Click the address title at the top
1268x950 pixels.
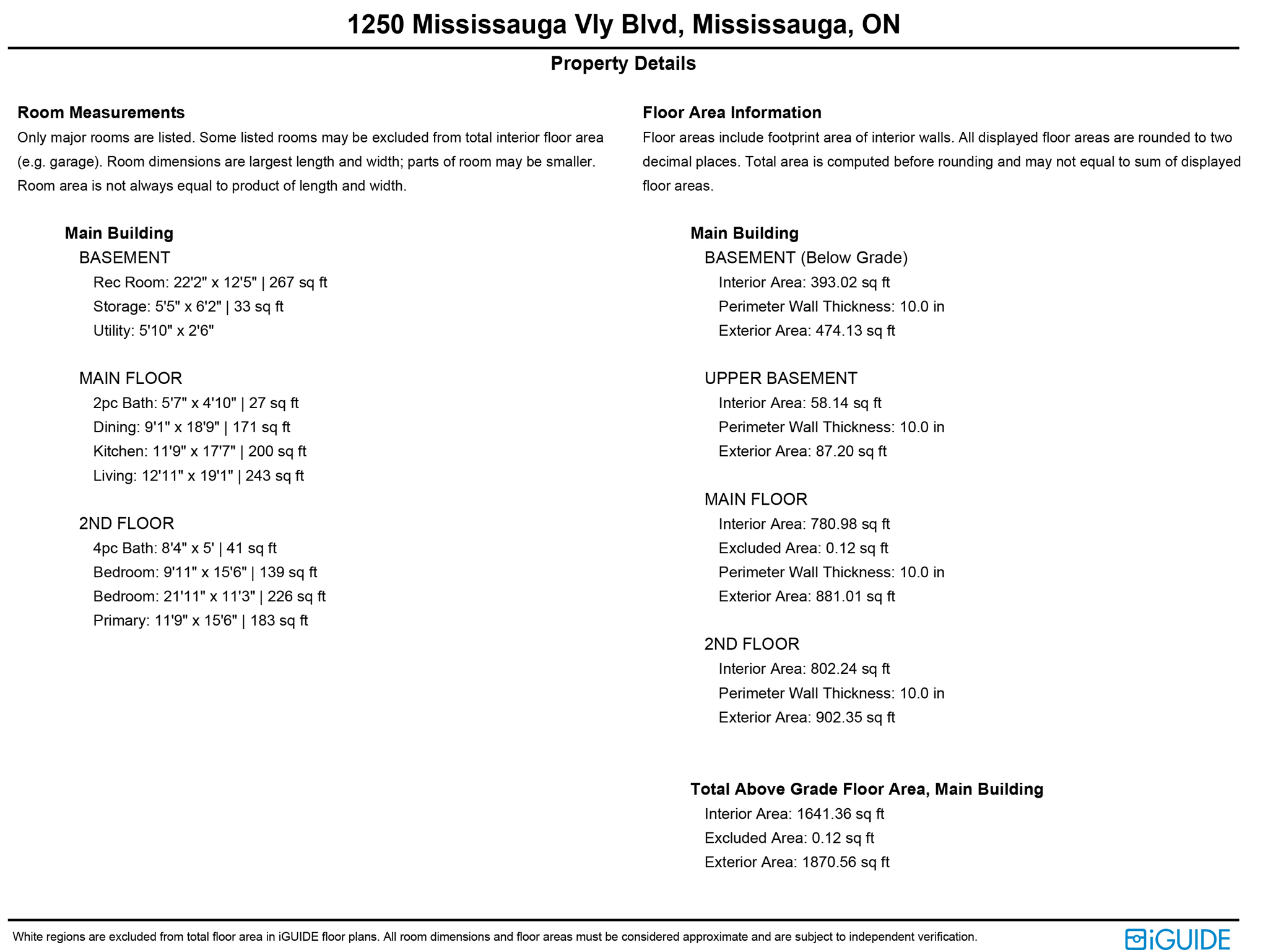(x=623, y=25)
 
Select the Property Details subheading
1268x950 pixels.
(x=623, y=63)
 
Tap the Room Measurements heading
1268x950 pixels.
(x=101, y=112)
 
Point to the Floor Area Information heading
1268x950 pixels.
(x=732, y=112)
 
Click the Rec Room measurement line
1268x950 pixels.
(x=210, y=282)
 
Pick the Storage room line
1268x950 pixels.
(x=188, y=307)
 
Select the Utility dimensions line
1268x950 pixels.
(x=154, y=331)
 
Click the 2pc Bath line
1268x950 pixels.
(x=196, y=403)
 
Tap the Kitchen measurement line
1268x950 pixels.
(x=199, y=451)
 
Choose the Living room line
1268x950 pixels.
(x=198, y=476)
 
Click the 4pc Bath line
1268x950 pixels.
(x=185, y=548)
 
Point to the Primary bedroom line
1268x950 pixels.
(x=200, y=621)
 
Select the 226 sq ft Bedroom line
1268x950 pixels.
(x=209, y=596)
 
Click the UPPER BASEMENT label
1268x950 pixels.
(x=781, y=378)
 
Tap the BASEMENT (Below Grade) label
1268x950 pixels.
(x=806, y=258)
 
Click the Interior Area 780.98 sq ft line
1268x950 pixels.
(x=804, y=524)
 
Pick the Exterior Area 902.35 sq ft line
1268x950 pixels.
(x=806, y=717)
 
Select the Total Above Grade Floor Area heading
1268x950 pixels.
(x=866, y=789)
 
